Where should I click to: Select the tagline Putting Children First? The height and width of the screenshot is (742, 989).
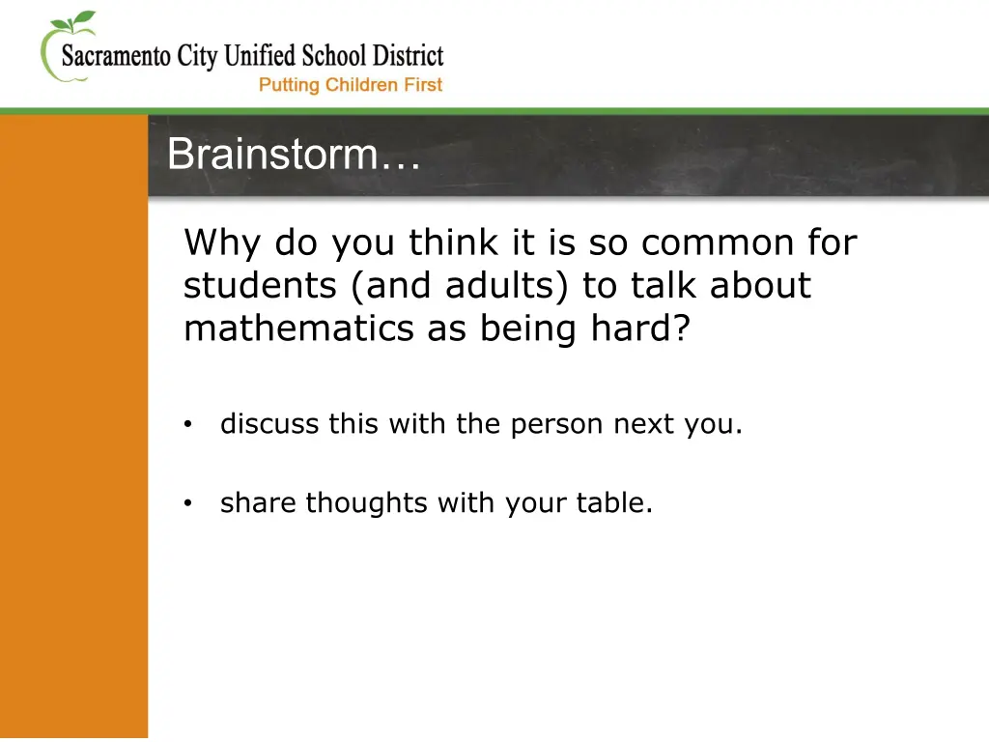point(350,85)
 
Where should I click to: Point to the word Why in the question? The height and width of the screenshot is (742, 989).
point(223,243)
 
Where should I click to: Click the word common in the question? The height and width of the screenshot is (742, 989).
point(714,243)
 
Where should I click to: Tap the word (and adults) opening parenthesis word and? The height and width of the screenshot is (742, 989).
point(394,286)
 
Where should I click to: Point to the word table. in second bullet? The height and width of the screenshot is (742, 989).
point(614,503)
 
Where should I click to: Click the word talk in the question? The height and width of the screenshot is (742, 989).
point(666,286)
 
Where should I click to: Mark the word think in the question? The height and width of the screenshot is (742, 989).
point(447,243)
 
